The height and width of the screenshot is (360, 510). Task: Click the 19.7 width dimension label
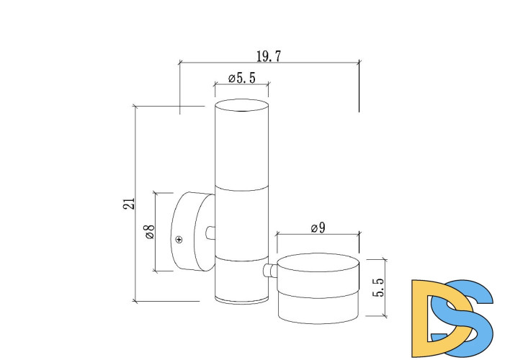269,56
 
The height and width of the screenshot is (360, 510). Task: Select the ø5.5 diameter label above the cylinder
241,78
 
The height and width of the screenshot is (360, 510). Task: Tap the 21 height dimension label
129,204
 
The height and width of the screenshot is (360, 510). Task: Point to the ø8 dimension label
151,232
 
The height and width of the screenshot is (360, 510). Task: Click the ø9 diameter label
318,228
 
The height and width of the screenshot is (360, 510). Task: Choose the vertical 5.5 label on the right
379,287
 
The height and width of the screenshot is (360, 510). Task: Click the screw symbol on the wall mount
179,240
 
